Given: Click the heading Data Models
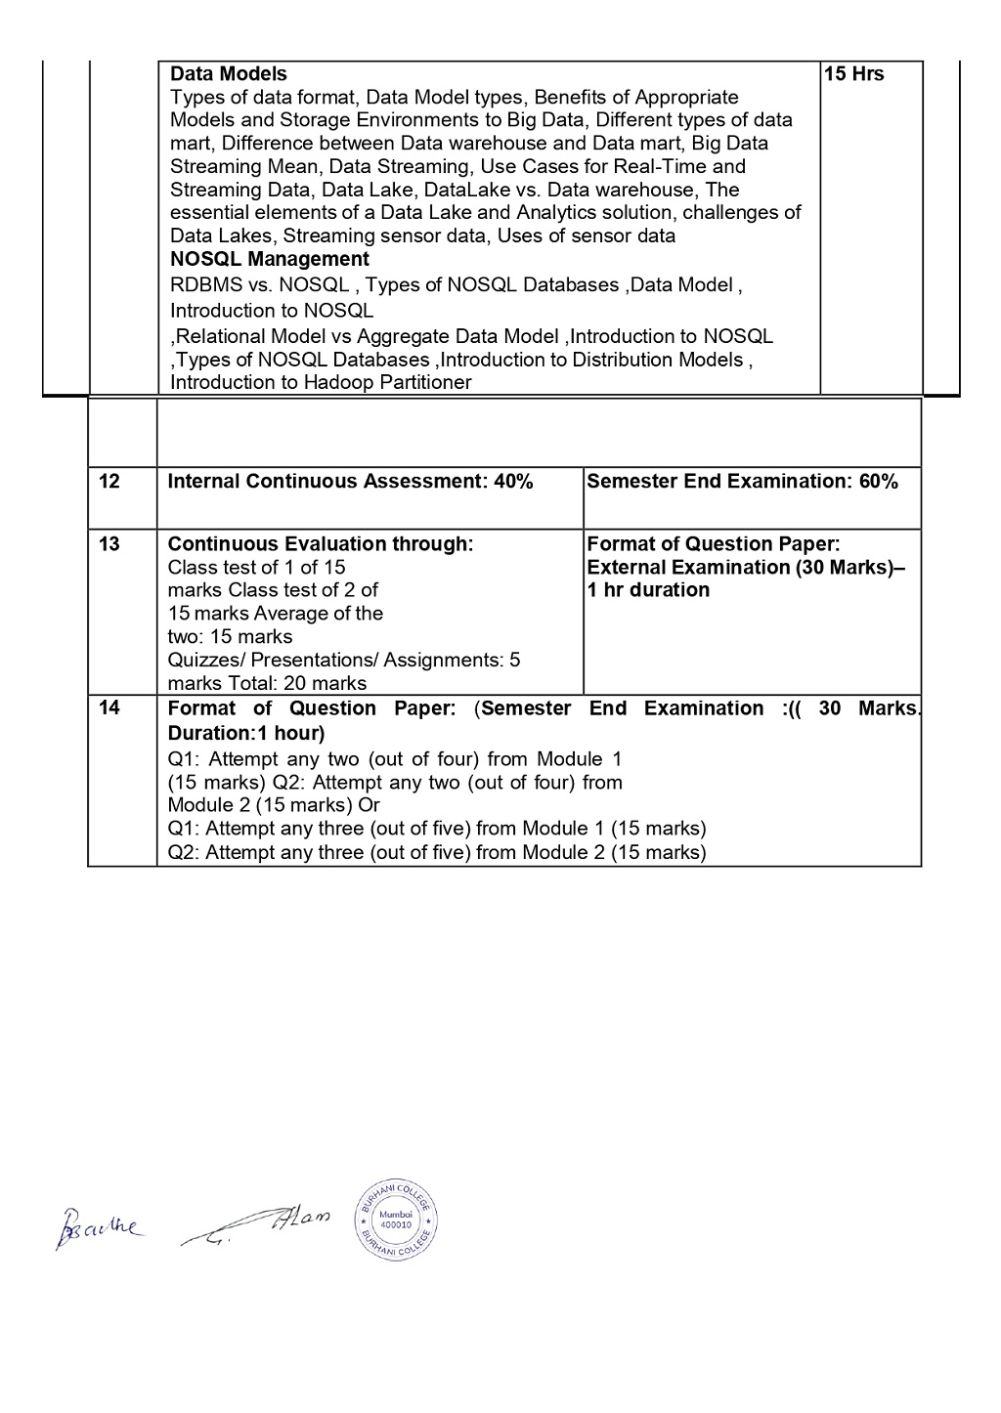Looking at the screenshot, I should click(x=229, y=74).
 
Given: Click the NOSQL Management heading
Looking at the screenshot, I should click(x=269, y=259).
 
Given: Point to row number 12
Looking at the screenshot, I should click(x=109, y=481).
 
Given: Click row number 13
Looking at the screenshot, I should click(x=109, y=544).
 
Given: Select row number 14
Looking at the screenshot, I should click(x=109, y=707).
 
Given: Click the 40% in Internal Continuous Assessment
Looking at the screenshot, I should click(x=513, y=481).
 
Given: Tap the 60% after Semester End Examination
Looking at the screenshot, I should click(x=878, y=481).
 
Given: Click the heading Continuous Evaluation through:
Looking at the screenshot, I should click(x=321, y=544).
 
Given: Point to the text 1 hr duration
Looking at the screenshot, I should click(x=648, y=590).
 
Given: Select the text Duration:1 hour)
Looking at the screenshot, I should click(x=246, y=733).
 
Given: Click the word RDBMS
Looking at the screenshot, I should click(x=203, y=285).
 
